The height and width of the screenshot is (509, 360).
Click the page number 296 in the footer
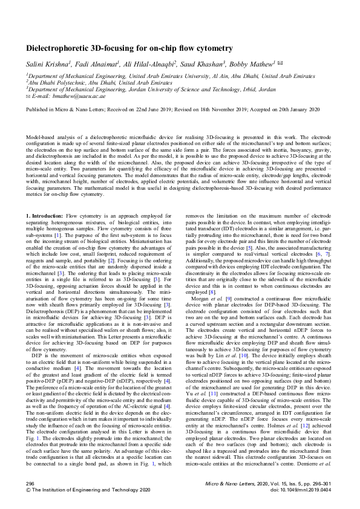30,484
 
